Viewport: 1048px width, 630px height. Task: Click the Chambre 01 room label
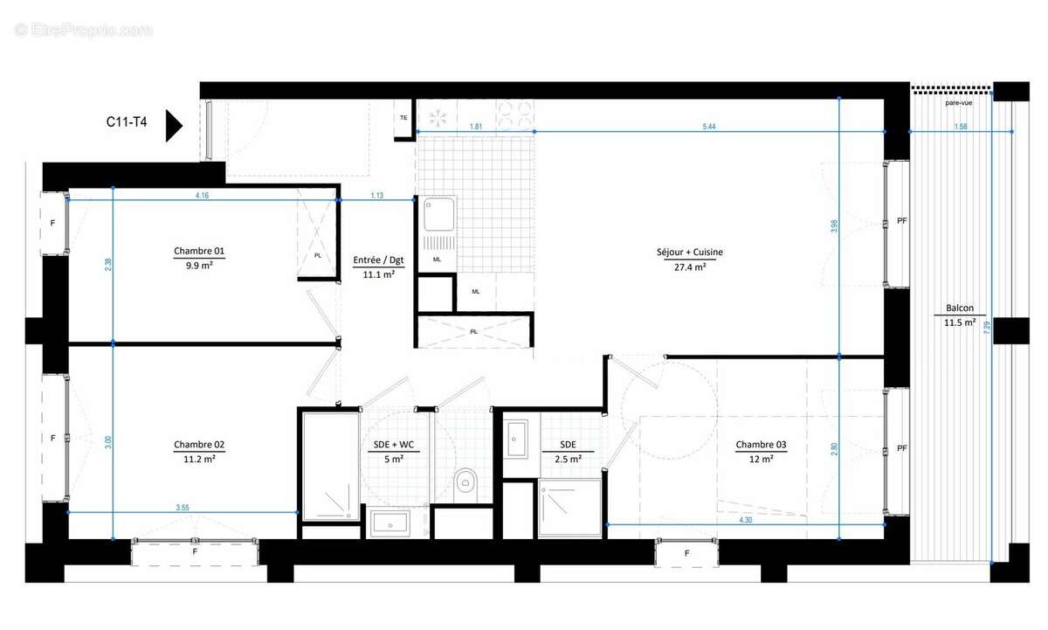point(199,252)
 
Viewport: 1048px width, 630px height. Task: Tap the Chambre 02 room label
point(199,445)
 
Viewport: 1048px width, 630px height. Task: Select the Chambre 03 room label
point(761,445)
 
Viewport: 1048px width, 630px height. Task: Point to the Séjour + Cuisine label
point(690,253)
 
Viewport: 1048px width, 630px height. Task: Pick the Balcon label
point(959,308)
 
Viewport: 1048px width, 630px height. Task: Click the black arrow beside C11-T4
point(173,126)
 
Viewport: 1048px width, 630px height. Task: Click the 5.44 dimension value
point(709,127)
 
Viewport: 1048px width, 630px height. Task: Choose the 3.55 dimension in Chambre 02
point(183,507)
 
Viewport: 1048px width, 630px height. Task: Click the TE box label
point(403,117)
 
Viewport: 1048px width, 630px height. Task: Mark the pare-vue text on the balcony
point(958,102)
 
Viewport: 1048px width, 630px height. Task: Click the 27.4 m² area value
point(690,267)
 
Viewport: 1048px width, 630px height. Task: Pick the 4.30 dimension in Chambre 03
point(745,520)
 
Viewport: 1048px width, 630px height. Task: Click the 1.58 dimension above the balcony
point(961,127)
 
